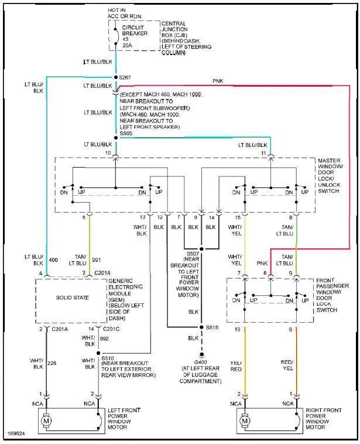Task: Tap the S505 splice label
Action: (126, 134)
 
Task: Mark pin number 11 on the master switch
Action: (263, 153)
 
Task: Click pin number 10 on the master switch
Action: (108, 153)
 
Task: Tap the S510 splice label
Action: (108, 358)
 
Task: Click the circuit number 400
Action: (54, 259)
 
